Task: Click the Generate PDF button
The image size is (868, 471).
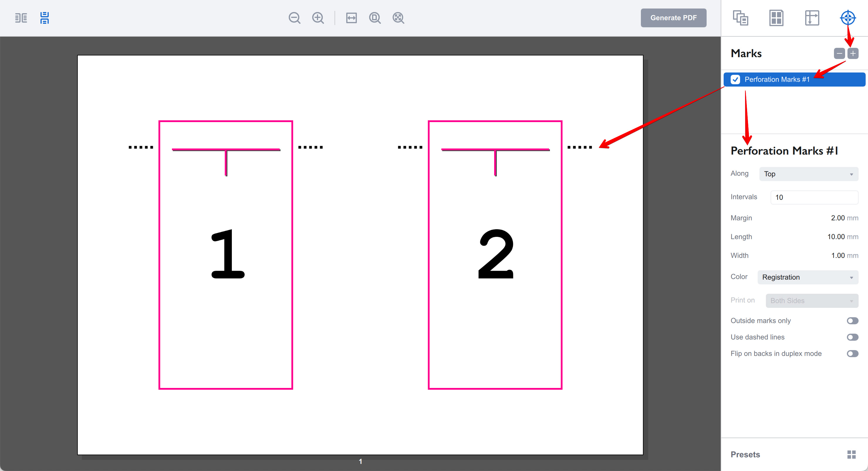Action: point(673,18)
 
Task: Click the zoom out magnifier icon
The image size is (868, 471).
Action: point(294,18)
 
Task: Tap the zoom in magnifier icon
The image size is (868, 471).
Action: point(318,18)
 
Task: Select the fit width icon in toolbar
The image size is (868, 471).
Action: point(351,18)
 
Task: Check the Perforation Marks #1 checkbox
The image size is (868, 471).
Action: point(735,80)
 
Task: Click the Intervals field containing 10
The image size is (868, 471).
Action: point(814,197)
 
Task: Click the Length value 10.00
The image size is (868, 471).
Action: point(836,237)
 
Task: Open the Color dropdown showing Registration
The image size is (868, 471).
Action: point(808,277)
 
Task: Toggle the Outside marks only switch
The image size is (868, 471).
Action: point(852,321)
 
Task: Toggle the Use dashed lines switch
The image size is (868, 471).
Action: point(852,337)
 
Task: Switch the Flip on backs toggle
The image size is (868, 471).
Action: point(852,354)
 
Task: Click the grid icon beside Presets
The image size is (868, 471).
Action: point(851,455)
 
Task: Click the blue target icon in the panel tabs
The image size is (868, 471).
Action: point(847,18)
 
